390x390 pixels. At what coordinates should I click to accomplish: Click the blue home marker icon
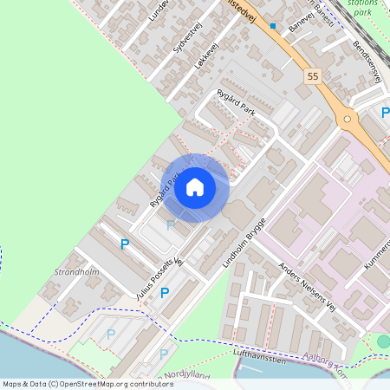click(195, 187)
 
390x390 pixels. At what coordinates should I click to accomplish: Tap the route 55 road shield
click(312, 77)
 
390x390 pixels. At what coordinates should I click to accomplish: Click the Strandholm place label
click(76, 271)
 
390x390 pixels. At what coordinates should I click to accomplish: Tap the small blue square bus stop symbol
click(273, 26)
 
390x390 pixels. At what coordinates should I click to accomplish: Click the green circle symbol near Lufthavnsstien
click(384, 342)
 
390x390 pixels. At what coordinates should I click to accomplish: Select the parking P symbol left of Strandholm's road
click(125, 245)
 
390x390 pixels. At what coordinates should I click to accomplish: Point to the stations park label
click(361, 8)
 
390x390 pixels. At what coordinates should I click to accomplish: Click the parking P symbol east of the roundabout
click(386, 112)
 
